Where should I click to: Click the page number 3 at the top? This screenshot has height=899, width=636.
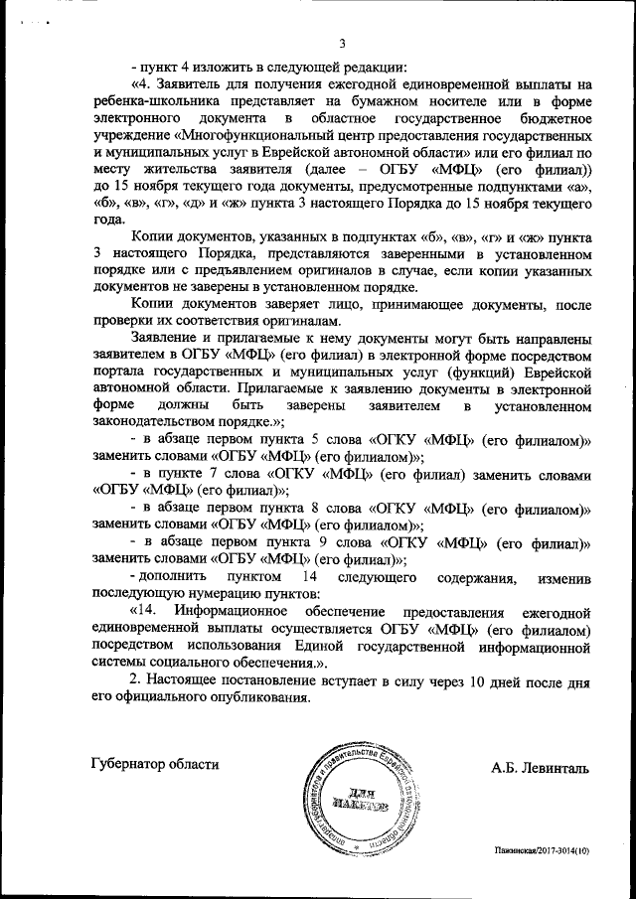tap(342, 43)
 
